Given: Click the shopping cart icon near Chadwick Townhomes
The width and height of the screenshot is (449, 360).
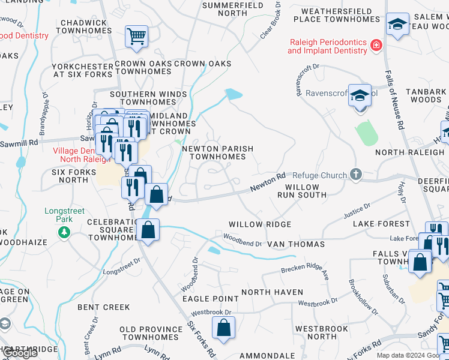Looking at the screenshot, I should tap(137, 36).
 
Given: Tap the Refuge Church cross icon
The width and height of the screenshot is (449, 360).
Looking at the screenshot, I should tap(355, 175).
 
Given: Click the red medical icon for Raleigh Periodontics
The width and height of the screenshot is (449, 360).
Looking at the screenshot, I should tap(376, 45).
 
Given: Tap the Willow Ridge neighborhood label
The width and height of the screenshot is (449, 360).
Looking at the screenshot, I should tap(259, 224).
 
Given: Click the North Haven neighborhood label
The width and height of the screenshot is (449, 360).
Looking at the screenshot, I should tap(272, 292).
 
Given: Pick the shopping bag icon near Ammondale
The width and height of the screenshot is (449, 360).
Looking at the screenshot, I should tap(223, 328).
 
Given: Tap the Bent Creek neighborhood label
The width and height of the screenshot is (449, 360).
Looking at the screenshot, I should tap(103, 307).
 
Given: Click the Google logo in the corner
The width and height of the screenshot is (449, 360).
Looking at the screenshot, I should tap(20, 353).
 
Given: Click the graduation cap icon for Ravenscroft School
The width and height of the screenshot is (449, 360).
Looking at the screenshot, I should tap(360, 95).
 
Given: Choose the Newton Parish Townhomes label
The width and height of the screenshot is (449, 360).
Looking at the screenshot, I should tap(217, 152).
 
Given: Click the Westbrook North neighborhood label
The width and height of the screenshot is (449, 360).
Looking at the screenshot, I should tap(321, 332).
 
